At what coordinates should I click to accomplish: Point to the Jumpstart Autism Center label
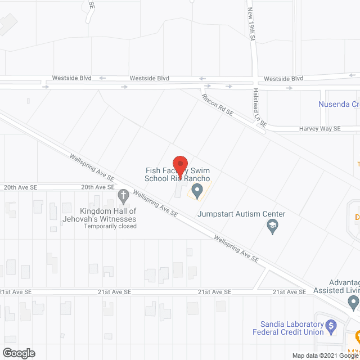point(241,214)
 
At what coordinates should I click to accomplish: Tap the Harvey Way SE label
point(319,129)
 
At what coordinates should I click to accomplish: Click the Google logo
point(18,353)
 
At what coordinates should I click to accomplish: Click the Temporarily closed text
point(110,226)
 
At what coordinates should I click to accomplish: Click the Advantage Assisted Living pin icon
point(353,303)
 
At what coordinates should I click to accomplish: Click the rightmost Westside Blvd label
point(283,79)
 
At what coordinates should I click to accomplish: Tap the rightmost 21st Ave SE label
point(289,292)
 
